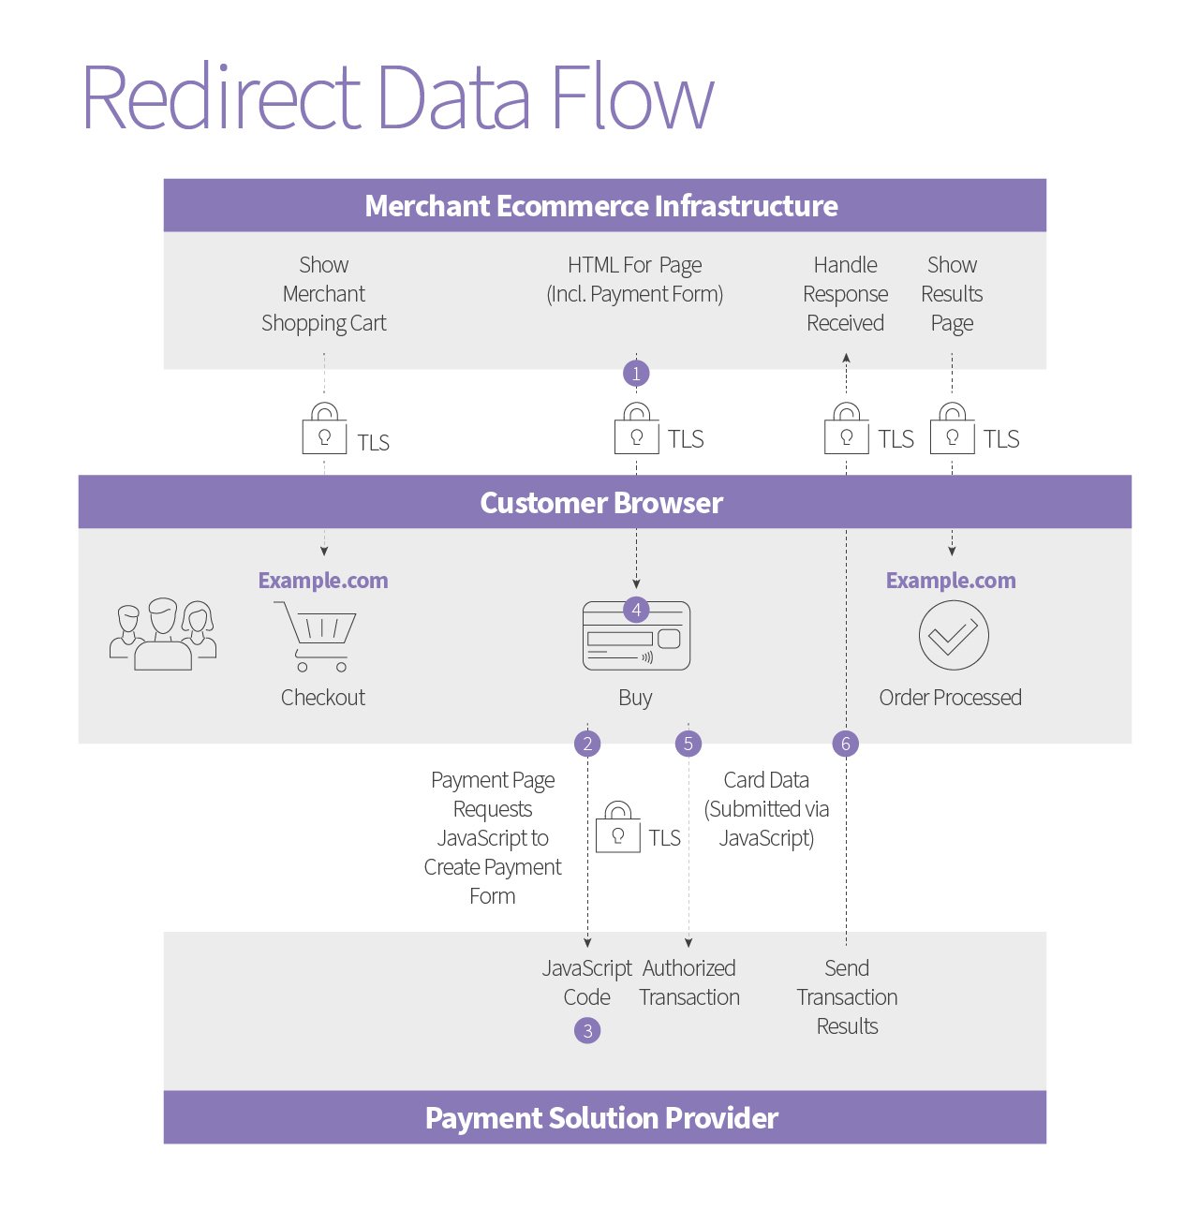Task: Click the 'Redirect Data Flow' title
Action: (398, 96)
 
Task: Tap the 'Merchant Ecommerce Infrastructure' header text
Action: (601, 206)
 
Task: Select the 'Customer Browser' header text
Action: (601, 503)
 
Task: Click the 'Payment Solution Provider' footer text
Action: (601, 1118)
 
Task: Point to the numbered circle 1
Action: (636, 374)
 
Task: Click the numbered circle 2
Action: (587, 744)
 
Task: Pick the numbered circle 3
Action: (587, 1030)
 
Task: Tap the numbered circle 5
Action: (688, 744)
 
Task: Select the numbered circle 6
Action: (846, 744)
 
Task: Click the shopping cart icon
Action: (316, 637)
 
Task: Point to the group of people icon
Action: (163, 635)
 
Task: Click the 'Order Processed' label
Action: (951, 698)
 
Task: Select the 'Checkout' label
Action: (323, 698)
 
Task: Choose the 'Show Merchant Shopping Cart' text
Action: (323, 293)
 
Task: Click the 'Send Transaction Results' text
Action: (847, 996)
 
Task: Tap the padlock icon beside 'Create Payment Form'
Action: (617, 827)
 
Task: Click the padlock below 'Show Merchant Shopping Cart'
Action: (324, 429)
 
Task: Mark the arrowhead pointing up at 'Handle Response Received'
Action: (846, 358)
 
